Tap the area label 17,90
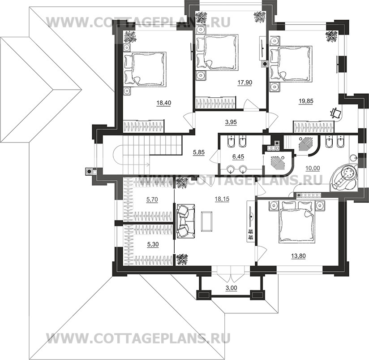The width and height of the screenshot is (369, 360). [244, 82]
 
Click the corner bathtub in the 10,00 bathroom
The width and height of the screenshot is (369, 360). [343, 178]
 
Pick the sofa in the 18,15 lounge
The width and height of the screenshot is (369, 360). [184, 221]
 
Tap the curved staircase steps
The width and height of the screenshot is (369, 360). [134, 157]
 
